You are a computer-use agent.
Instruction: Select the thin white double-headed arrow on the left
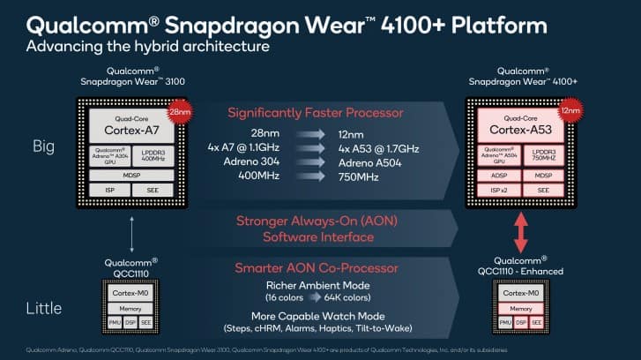click(131, 234)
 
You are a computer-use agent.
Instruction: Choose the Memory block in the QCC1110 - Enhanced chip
click(522, 309)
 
